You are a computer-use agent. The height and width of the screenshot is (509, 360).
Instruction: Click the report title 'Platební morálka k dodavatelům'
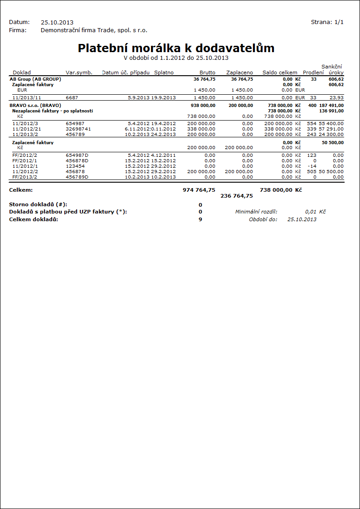coord(176,48)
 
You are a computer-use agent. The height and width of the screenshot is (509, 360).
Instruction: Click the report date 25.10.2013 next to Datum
coord(57,22)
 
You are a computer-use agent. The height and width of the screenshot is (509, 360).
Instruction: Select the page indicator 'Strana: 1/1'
coord(327,22)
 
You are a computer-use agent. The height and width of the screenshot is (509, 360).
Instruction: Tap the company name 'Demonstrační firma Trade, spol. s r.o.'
coord(94,30)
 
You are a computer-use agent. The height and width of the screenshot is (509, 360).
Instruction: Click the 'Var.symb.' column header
coord(79,73)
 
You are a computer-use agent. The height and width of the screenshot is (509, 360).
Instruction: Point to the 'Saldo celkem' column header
coord(280,73)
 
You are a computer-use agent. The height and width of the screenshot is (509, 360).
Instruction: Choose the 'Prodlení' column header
coord(313,73)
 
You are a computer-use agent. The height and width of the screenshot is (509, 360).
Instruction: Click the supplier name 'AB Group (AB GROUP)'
coord(35,79)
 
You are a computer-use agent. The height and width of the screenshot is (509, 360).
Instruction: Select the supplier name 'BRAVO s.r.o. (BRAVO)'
coord(35,105)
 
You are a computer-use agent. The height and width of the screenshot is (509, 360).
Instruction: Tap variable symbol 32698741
coord(78,129)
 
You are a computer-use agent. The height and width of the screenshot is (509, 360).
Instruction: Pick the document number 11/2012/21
coord(27,129)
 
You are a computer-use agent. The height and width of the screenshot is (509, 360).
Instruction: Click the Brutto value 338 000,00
coord(200,129)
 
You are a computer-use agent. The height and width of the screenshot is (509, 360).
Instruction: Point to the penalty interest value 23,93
coord(337,97)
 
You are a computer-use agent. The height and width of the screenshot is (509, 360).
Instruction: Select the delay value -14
coord(311,166)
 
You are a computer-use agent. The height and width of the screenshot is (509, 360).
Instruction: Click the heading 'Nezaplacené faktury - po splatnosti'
coord(53,111)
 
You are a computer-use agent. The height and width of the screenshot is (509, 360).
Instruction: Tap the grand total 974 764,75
coord(199,190)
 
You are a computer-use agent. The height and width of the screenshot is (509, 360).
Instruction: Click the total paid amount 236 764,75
coord(237,196)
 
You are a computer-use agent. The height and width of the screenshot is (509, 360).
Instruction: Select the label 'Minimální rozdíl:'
coord(256,212)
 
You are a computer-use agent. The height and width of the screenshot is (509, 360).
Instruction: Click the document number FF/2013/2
coord(25,177)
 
